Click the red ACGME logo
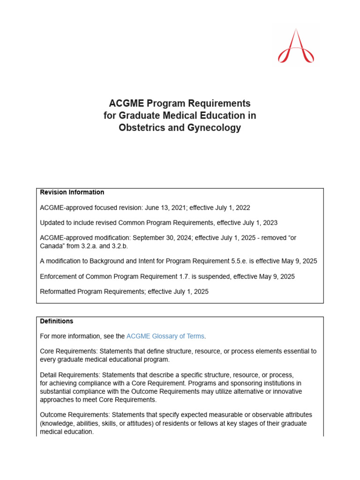point(296,46)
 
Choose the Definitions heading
point(57,321)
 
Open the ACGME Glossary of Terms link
point(165,336)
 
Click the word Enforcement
point(60,277)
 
